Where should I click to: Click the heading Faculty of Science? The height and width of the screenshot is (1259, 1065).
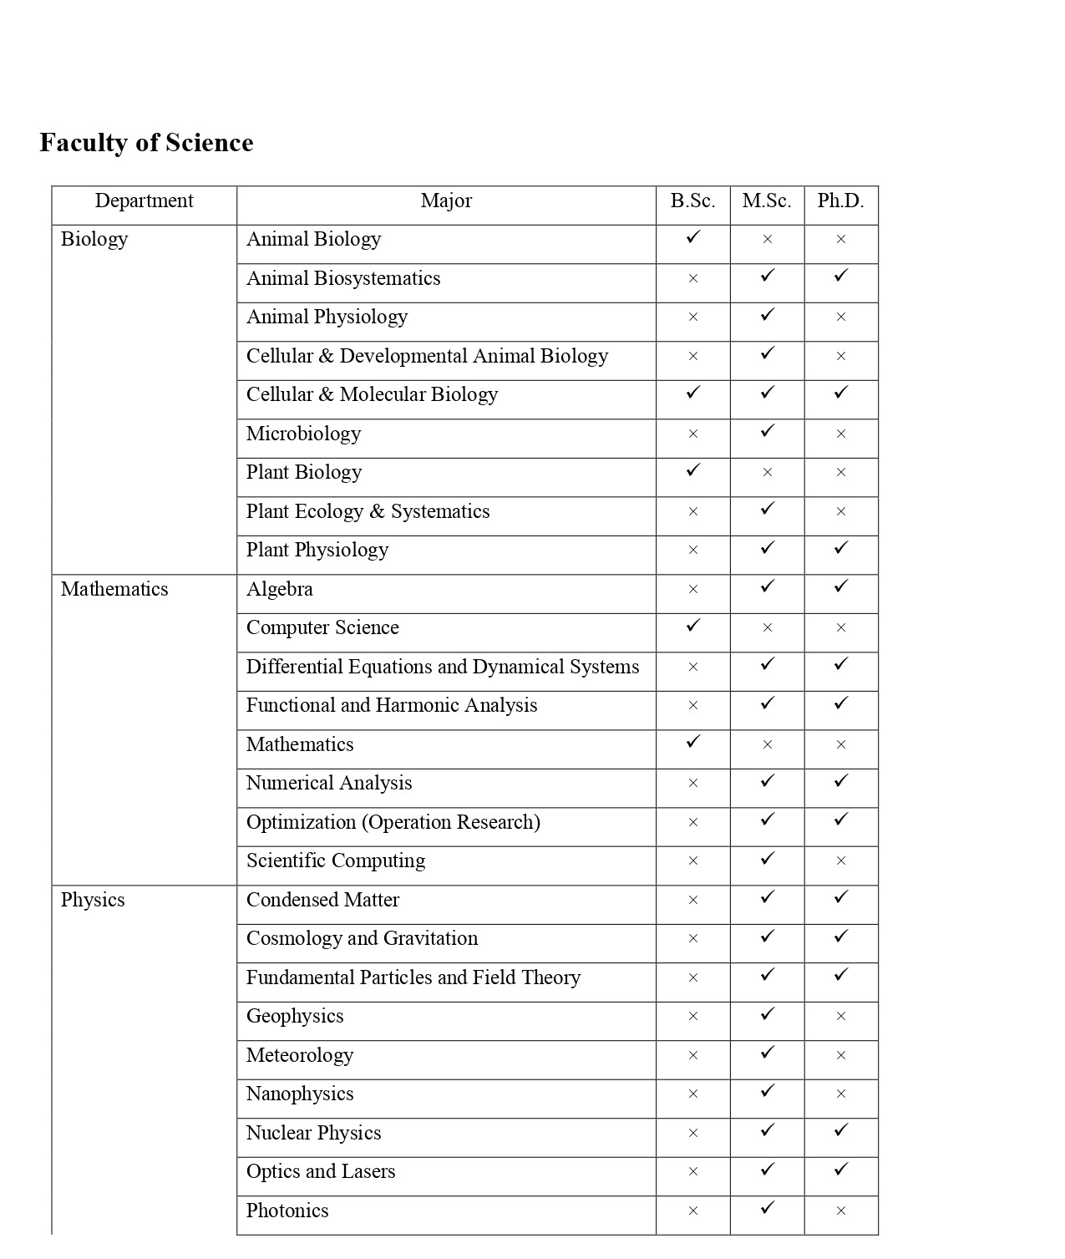tap(146, 143)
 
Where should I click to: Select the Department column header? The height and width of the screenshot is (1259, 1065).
tap(144, 201)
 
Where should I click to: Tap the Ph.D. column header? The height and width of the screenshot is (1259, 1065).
tap(840, 201)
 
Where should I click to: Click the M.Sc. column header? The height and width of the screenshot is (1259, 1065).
tap(766, 201)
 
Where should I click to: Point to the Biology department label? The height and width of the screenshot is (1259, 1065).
tap(94, 240)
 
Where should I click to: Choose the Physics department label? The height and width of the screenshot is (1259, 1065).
tap(93, 901)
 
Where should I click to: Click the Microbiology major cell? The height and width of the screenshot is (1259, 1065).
tap(303, 434)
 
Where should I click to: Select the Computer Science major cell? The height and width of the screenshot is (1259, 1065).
tap(322, 628)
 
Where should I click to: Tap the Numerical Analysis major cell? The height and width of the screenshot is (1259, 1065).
tap(329, 784)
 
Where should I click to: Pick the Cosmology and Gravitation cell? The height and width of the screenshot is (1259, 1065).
tap(362, 939)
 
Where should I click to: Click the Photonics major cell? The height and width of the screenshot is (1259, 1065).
tap(287, 1211)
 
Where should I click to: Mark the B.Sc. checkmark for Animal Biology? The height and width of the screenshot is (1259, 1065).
tap(692, 238)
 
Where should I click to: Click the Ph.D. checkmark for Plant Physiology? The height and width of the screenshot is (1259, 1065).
tap(840, 548)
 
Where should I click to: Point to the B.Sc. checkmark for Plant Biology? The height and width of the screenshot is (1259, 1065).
tap(692, 470)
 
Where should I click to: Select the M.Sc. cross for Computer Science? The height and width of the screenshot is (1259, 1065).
tap(767, 628)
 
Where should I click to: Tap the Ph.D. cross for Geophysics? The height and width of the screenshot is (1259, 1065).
tap(840, 1017)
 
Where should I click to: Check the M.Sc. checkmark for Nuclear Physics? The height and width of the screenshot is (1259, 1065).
tap(767, 1130)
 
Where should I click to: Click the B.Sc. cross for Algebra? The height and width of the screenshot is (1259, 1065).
tap(692, 590)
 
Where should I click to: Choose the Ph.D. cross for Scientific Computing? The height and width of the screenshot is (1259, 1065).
tap(840, 861)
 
